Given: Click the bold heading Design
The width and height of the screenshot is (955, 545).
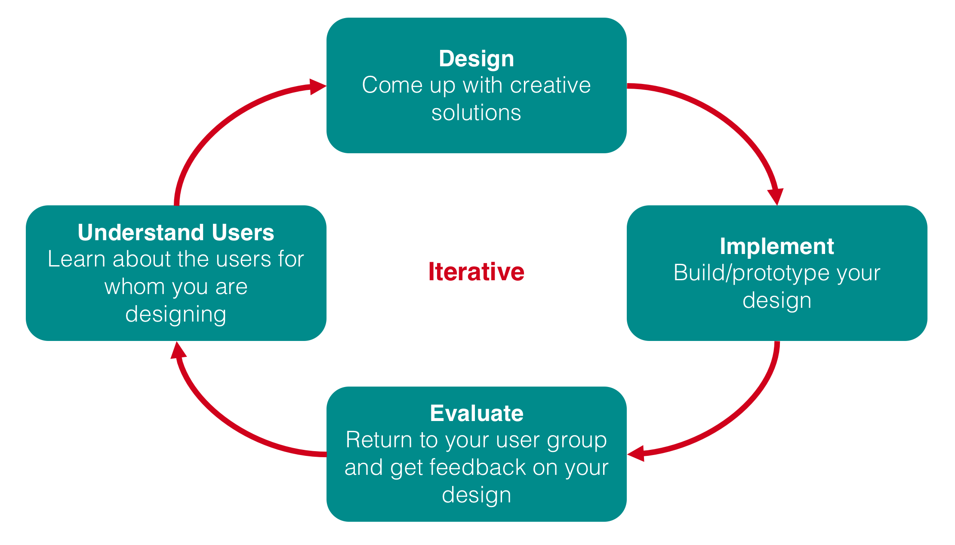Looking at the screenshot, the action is pyautogui.click(x=476, y=59).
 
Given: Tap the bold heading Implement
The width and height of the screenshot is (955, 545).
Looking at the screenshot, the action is pyautogui.click(x=777, y=246).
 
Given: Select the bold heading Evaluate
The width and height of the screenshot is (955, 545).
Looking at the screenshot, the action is pyautogui.click(x=477, y=413).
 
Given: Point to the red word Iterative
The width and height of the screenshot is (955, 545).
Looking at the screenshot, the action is pyautogui.click(x=476, y=272).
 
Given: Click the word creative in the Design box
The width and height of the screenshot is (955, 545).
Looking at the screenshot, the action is pyautogui.click(x=550, y=85).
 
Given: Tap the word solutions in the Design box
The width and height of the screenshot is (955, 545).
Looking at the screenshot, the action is pyautogui.click(x=476, y=113).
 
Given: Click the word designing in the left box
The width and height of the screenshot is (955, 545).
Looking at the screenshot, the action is pyautogui.click(x=176, y=315).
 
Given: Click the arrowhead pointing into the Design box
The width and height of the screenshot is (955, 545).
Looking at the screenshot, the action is pyautogui.click(x=318, y=87).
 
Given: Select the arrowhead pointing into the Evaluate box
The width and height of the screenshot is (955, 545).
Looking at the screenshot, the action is pyautogui.click(x=636, y=454).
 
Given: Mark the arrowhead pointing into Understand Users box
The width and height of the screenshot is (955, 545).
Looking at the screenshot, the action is pyautogui.click(x=178, y=350).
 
